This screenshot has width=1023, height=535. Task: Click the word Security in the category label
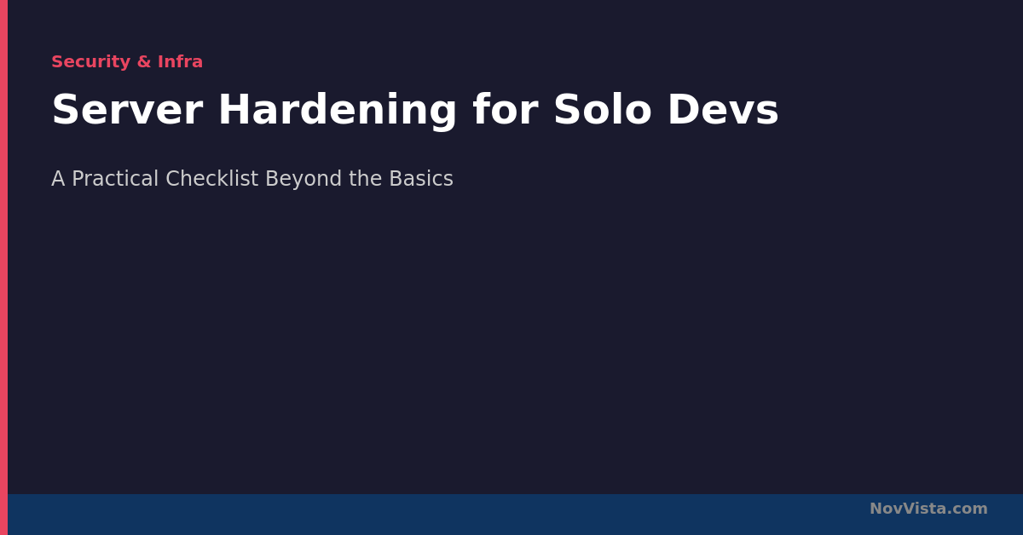coord(91,62)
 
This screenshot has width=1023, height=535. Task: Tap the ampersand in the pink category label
coord(144,61)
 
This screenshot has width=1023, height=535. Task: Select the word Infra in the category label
coord(180,61)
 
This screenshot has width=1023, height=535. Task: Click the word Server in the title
coord(127,110)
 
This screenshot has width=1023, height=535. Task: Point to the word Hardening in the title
coord(338,112)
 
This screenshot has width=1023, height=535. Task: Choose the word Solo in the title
coord(603,110)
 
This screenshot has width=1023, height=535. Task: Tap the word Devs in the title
coord(723,110)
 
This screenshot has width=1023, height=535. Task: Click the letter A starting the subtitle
coord(58,179)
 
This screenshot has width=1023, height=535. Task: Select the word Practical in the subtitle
coord(115,179)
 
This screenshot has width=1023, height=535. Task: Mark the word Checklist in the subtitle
coord(212,179)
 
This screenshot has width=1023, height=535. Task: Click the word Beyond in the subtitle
coord(303,180)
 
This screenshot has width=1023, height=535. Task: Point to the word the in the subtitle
coord(366,179)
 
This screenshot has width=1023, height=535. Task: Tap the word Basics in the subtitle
coord(421,179)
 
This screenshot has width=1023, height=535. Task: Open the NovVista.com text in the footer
coord(928,509)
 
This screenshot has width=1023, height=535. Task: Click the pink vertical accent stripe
coord(3,267)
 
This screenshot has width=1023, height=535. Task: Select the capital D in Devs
coord(684,110)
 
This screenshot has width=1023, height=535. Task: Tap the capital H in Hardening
coord(234,110)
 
